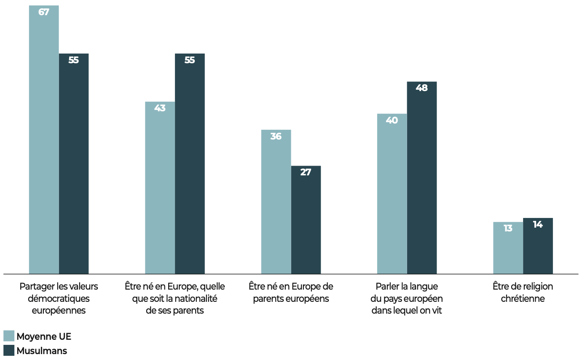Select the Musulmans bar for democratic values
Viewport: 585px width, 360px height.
pyautogui.click(x=74, y=164)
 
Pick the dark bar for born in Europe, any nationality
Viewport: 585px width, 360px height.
pyautogui.click(x=190, y=164)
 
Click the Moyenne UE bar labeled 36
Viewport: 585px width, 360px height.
pyautogui.click(x=276, y=202)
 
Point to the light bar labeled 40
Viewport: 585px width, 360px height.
pyautogui.click(x=392, y=194)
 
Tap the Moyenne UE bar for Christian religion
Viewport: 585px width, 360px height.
pyautogui.click(x=508, y=249)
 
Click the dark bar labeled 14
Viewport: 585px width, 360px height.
pyautogui.click(x=538, y=247)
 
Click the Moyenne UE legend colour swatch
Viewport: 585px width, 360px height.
pyautogui.click(x=9, y=336)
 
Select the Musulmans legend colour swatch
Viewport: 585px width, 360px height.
pyautogui.click(x=9, y=350)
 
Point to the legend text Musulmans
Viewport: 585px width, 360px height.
pyautogui.click(x=42, y=351)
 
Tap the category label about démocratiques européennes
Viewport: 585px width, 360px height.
pyautogui.click(x=59, y=298)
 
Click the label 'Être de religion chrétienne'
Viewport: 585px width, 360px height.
pyautogui.click(x=523, y=293)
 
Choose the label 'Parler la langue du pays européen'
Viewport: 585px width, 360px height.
pyautogui.click(x=407, y=298)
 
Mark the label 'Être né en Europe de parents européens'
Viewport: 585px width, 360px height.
pyautogui.click(x=291, y=293)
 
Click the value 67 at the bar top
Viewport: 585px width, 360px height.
pyautogui.click(x=44, y=12)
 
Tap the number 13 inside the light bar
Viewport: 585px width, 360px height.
pyautogui.click(x=508, y=228)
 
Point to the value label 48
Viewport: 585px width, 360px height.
pyautogui.click(x=422, y=88)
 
